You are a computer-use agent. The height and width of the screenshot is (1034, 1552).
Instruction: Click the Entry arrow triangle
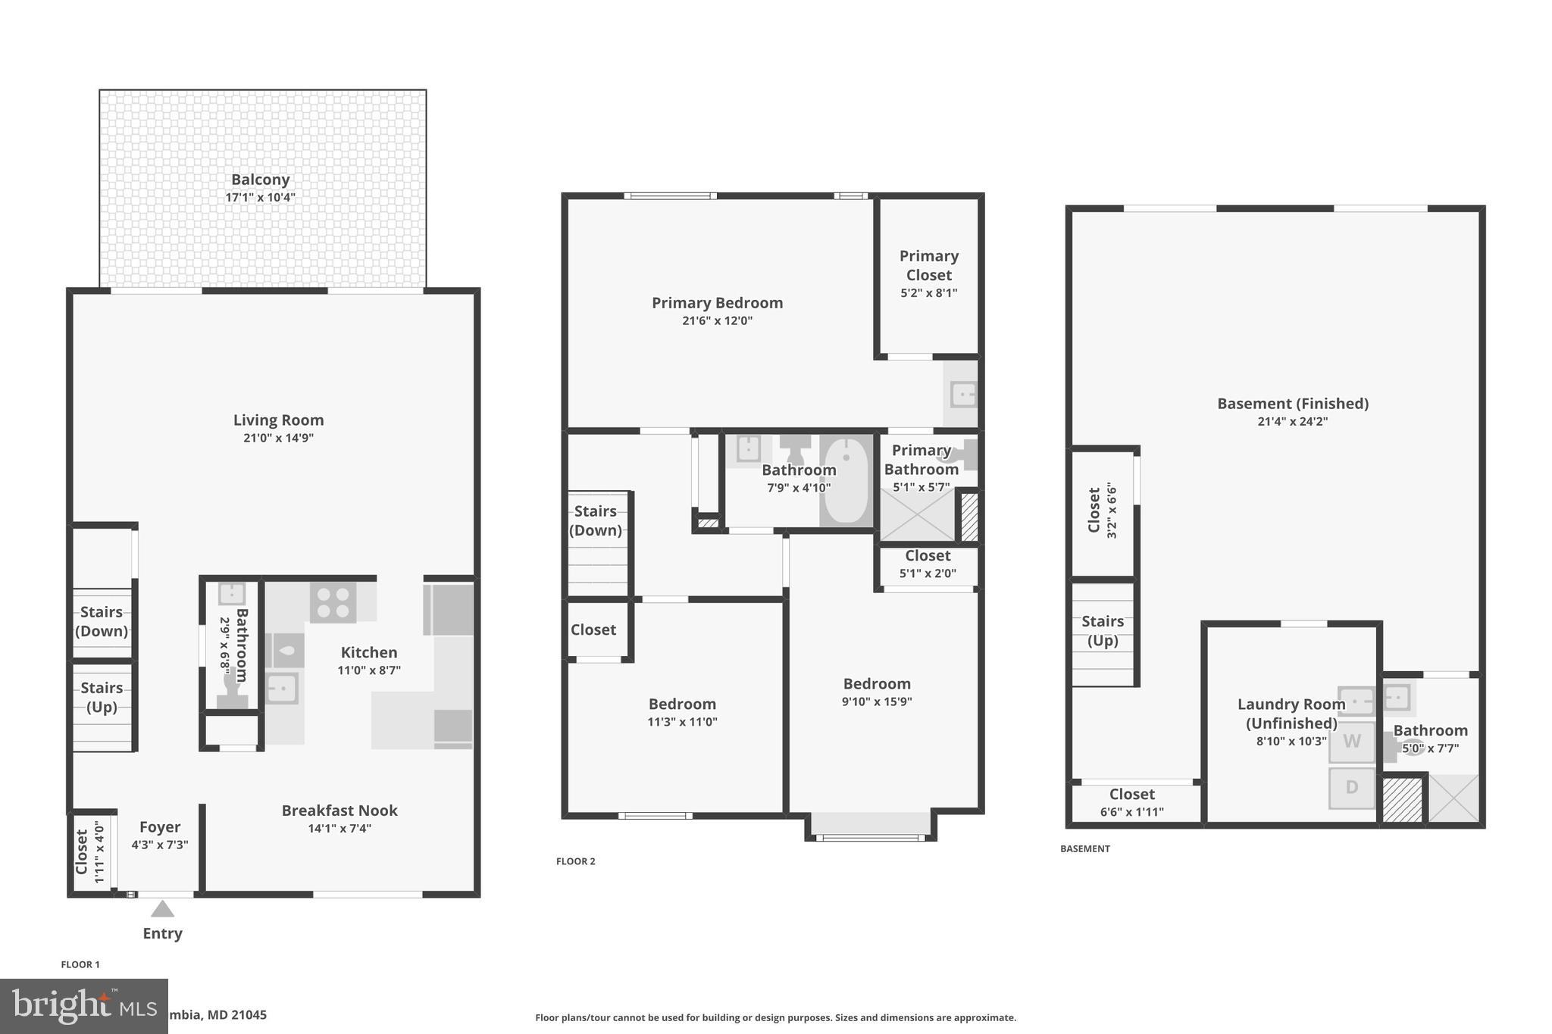click(162, 908)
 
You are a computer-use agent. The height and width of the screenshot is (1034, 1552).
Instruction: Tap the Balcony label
click(260, 180)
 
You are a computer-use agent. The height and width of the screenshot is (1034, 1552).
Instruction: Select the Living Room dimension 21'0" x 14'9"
click(278, 438)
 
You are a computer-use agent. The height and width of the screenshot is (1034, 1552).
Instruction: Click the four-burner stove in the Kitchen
click(333, 603)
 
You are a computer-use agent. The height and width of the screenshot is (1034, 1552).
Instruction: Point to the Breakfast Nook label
click(339, 811)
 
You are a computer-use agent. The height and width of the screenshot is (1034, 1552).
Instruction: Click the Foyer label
click(160, 827)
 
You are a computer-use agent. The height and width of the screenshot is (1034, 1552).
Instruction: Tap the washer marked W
click(1351, 742)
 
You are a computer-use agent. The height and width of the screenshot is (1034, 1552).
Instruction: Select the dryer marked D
click(1351, 788)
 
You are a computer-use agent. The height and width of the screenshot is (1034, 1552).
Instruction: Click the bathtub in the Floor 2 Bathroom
click(846, 481)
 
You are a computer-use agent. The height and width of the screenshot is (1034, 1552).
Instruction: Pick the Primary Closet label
click(928, 265)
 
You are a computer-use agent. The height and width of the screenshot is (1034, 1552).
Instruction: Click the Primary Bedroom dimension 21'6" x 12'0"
click(717, 320)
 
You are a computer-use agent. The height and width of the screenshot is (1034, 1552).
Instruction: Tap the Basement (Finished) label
click(1292, 404)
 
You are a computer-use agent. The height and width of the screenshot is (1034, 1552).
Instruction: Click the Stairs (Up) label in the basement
click(1103, 631)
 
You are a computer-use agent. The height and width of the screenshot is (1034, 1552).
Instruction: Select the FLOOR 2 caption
click(575, 861)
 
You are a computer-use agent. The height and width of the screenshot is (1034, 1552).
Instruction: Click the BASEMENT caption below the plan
click(1084, 849)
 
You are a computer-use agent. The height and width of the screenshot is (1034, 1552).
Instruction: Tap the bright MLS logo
click(83, 1006)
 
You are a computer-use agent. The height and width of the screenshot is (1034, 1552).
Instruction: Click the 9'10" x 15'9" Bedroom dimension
click(876, 701)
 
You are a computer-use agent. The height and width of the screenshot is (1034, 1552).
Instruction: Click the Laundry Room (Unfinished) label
click(1291, 714)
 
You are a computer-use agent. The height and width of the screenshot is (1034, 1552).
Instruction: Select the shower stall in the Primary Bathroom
click(916, 516)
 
